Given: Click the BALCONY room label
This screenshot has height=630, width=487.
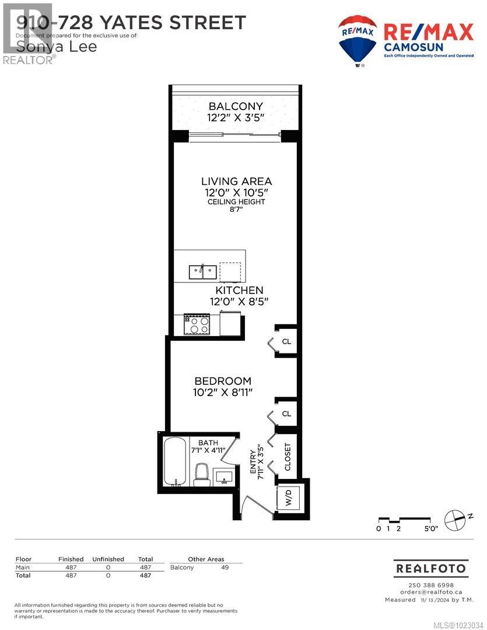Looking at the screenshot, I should click(x=236, y=106).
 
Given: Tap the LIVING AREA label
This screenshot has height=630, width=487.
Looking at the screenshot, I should click(x=236, y=181).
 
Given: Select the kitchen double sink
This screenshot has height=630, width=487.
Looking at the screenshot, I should click(x=202, y=271).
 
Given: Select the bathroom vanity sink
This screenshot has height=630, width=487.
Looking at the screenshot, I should click(x=224, y=477).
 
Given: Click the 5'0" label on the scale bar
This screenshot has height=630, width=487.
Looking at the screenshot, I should click(x=430, y=528).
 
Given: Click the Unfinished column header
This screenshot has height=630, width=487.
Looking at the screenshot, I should click(x=108, y=559).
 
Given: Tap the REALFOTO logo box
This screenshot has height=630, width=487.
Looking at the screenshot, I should click(x=430, y=568).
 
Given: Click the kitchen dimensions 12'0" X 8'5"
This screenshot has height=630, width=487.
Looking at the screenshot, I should click(x=239, y=302).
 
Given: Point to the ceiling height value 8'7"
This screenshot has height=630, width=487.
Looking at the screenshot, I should click(x=236, y=211).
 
